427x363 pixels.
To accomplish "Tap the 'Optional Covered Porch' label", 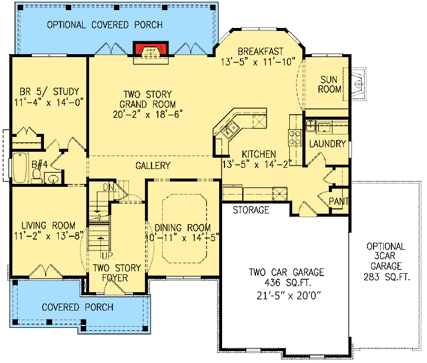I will click(x=105, y=24).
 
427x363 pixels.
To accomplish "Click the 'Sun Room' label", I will click(x=331, y=84).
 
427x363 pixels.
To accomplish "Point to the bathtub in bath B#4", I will click(x=19, y=169).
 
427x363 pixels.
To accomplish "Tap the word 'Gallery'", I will click(x=153, y=165).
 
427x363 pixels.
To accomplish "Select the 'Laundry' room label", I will click(x=327, y=144).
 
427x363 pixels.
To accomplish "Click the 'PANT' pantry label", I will click(x=339, y=202).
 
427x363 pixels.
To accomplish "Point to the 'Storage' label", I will click(x=251, y=210).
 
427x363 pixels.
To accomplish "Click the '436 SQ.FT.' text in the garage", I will click(x=286, y=283).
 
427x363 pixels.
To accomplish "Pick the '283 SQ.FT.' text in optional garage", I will click(x=385, y=277).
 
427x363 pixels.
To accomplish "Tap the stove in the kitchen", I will click(x=294, y=139).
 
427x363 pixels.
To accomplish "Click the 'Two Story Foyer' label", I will click(x=116, y=273).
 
